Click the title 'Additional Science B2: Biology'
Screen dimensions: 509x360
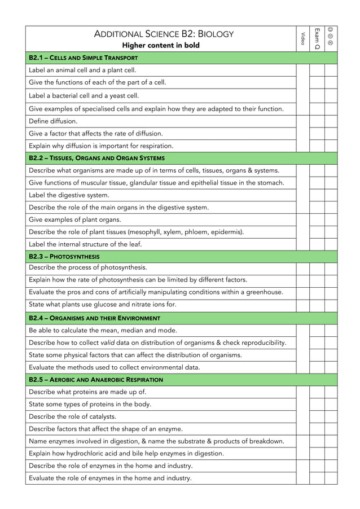point(164,34)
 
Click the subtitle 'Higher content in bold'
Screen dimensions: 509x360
point(161,45)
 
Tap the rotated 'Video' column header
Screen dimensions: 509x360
point(303,38)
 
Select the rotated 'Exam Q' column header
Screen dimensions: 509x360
point(317,38)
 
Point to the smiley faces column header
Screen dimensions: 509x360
point(331,37)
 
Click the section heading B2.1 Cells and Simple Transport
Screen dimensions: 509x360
point(83,58)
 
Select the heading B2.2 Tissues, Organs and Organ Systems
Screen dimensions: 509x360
point(96,158)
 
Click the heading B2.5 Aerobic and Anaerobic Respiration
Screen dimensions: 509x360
point(95,380)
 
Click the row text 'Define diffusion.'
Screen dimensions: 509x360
point(53,121)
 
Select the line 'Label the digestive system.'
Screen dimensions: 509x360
point(69,195)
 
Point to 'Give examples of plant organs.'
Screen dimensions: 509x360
point(75,220)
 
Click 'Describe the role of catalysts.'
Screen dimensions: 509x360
point(73,416)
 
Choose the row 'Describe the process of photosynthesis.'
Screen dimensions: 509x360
point(87,267)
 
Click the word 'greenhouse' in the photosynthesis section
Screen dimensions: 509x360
point(264,292)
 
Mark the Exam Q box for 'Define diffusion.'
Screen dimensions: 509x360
point(317,121)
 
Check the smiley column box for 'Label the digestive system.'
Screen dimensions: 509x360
point(331,195)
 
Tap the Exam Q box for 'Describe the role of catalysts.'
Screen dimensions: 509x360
point(317,416)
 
